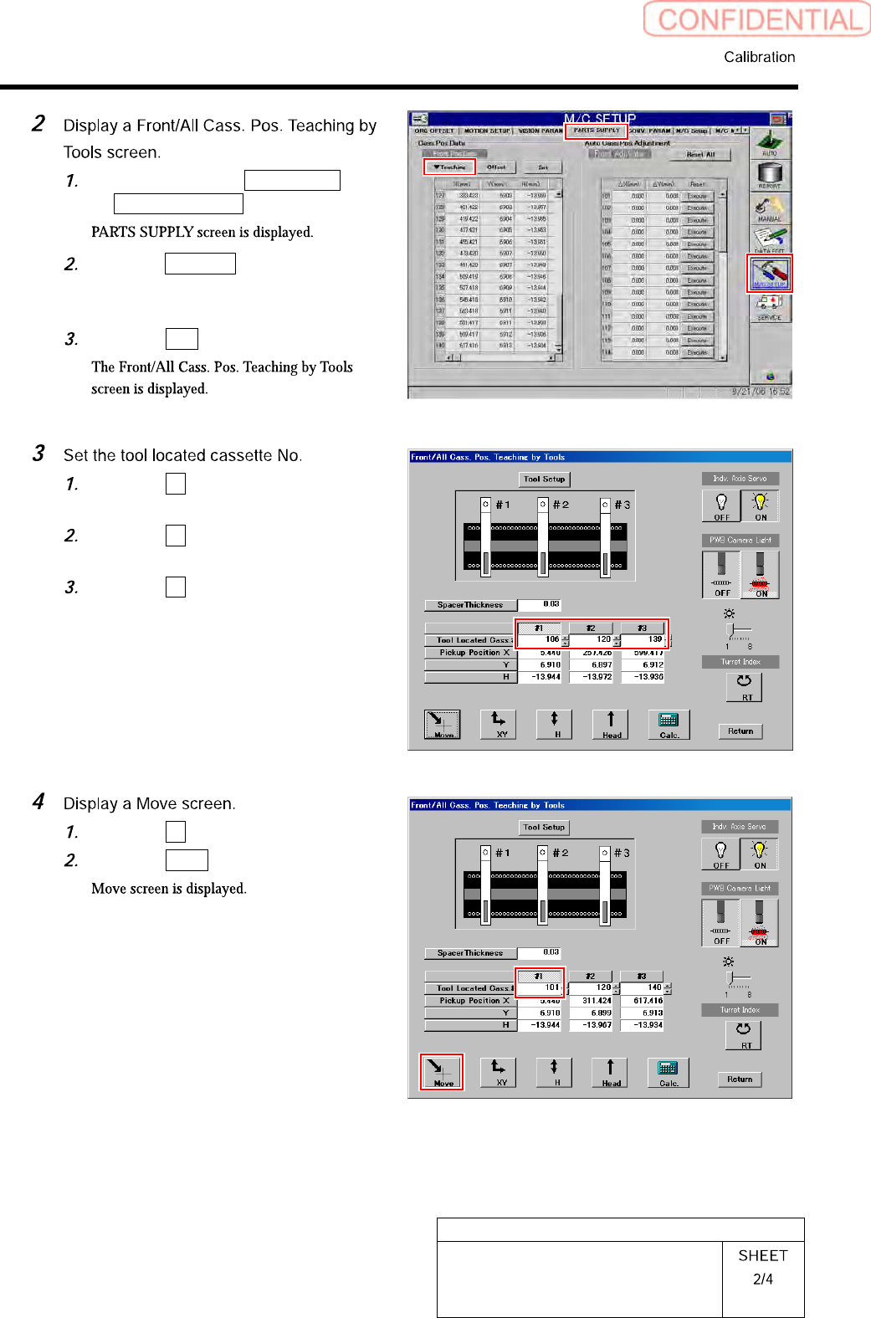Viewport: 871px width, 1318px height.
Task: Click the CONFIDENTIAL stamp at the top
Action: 758,19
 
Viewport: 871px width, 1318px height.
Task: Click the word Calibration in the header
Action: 759,57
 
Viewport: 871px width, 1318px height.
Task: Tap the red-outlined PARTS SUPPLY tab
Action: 597,131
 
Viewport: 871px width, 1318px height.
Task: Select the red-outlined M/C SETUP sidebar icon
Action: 769,274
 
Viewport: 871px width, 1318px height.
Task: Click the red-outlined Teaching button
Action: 450,167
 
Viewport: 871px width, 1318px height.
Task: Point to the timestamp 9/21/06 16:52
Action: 760,391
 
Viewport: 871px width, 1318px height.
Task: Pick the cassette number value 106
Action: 551,639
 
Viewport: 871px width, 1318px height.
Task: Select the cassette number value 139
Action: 654,639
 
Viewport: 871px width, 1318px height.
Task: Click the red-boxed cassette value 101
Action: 551,987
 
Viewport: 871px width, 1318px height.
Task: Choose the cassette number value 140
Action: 654,987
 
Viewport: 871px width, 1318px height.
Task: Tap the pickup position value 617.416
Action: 648,1001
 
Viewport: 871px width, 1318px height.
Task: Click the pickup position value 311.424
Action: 597,1001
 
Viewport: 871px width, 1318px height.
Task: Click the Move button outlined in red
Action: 441,1072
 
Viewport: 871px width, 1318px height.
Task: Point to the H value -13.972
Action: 597,677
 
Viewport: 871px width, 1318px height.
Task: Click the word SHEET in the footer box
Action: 762,1255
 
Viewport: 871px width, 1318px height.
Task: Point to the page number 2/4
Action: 762,1279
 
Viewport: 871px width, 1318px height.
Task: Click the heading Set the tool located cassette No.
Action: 182,455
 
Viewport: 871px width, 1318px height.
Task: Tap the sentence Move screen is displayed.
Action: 169,889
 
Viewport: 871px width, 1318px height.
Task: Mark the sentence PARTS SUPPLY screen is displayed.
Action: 202,232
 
